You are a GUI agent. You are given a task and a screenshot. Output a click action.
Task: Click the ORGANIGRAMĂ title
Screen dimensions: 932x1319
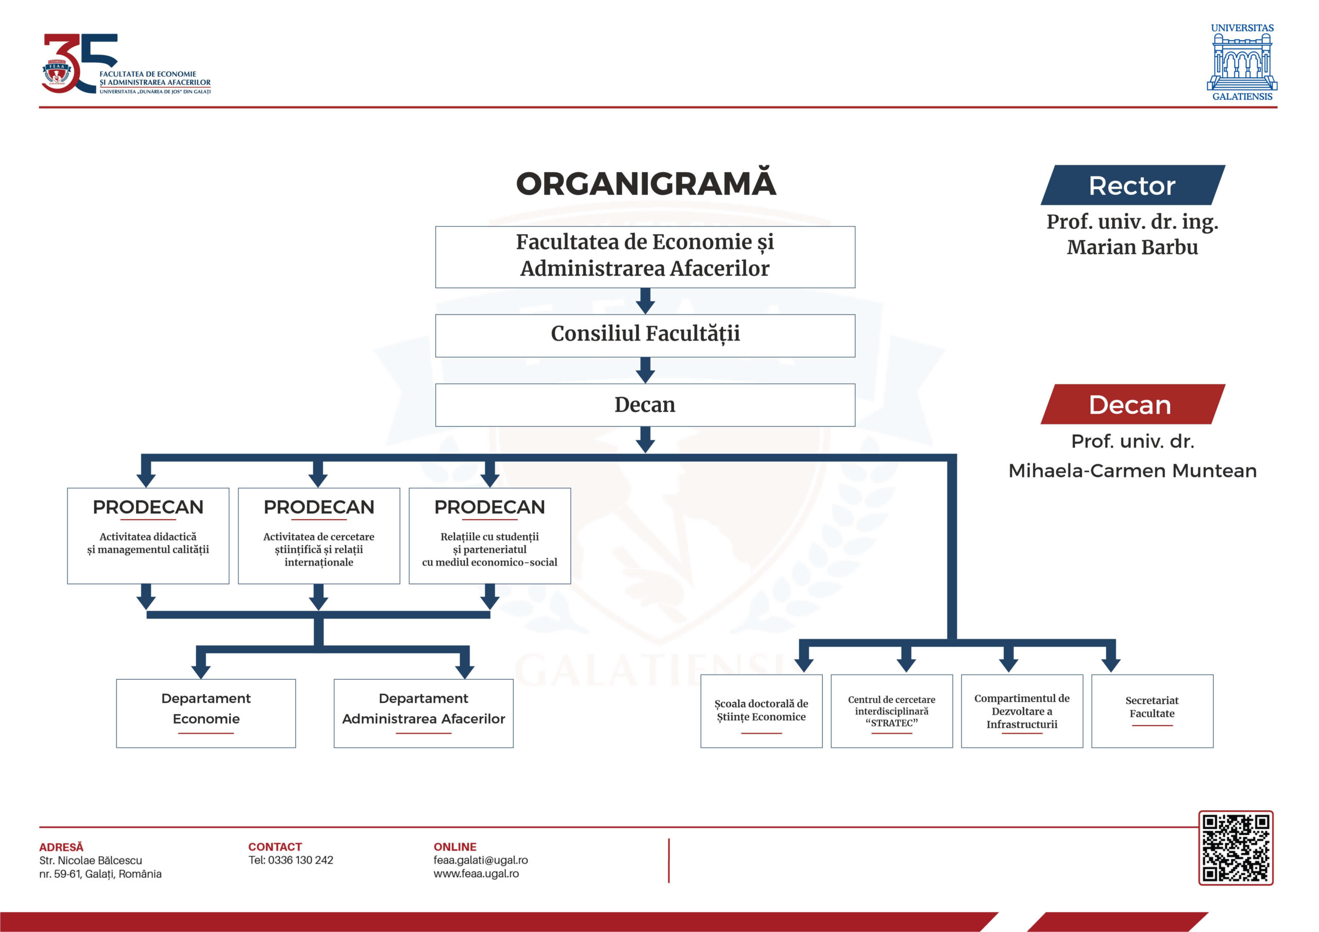(x=646, y=184)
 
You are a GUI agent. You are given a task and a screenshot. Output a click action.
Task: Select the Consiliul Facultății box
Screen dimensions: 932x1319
(x=645, y=335)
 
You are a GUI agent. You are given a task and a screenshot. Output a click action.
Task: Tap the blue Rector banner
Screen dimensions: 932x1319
(x=1132, y=185)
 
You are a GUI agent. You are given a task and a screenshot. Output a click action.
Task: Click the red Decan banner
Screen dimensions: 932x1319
(x=1132, y=404)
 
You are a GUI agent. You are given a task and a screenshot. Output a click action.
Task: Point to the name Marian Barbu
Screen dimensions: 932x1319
(x=1132, y=247)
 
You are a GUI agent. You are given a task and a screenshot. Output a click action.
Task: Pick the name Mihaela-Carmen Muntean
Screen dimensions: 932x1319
(x=1132, y=470)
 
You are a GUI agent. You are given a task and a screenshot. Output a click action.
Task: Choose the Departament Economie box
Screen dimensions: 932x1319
(x=206, y=713)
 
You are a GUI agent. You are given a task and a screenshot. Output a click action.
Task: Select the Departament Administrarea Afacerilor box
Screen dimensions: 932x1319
(x=424, y=713)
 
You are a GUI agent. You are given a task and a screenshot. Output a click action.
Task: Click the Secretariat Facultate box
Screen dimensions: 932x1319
(x=1152, y=711)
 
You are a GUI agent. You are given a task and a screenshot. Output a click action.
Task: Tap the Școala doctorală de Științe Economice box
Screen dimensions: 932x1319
(x=761, y=711)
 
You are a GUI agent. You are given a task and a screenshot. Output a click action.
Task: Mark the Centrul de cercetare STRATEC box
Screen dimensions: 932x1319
(x=891, y=711)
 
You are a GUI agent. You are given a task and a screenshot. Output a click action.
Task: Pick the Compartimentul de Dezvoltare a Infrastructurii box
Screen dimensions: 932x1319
(x=1021, y=711)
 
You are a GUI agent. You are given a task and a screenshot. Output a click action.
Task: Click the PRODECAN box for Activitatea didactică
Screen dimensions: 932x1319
(x=148, y=535)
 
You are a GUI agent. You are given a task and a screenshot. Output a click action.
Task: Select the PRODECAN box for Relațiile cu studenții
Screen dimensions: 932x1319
(x=489, y=535)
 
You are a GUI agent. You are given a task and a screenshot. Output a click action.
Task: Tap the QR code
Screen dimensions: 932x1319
(x=1235, y=847)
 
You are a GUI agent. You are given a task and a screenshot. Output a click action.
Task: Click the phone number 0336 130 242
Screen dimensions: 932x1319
(x=300, y=859)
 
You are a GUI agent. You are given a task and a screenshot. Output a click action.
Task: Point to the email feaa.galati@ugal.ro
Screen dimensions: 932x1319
(x=480, y=859)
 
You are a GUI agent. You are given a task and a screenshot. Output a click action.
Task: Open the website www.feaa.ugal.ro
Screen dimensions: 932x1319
(x=476, y=873)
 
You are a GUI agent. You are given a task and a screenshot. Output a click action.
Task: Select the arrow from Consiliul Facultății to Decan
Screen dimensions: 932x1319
(x=645, y=370)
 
